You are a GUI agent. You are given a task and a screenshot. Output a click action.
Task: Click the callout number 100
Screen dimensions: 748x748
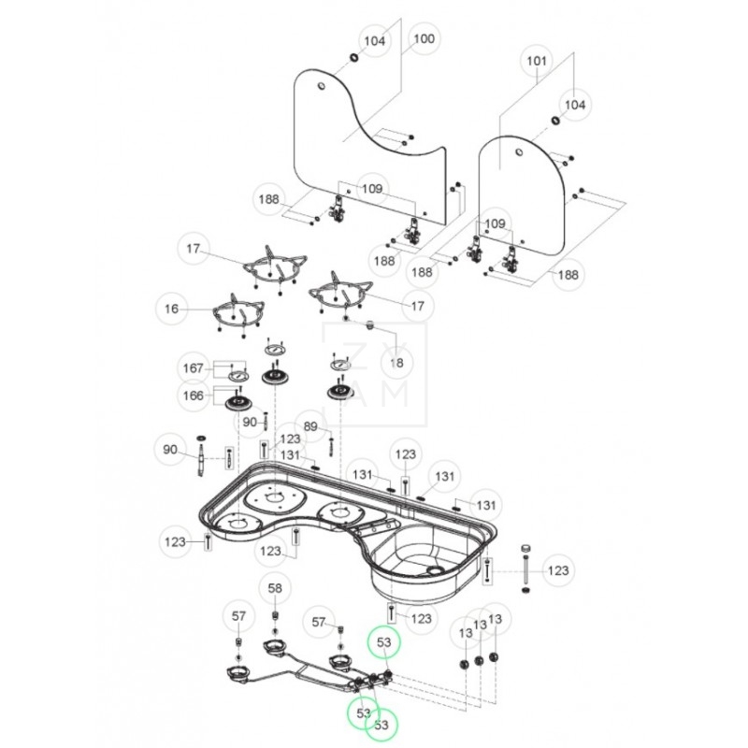click(424, 39)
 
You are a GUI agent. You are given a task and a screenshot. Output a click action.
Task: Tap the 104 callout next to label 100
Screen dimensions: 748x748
click(374, 41)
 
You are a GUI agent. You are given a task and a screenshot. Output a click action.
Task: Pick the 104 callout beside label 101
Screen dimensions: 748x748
click(574, 105)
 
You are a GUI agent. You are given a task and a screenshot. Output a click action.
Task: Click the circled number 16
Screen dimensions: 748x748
click(170, 307)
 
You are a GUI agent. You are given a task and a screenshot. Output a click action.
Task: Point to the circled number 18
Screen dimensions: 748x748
click(396, 362)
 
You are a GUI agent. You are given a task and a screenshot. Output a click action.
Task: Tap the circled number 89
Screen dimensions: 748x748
click(312, 427)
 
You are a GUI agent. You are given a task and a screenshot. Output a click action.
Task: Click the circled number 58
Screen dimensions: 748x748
click(275, 588)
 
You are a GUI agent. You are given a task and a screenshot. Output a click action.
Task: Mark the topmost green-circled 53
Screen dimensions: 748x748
click(383, 642)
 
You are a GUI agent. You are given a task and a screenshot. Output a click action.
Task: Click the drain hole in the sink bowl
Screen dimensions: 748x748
click(433, 569)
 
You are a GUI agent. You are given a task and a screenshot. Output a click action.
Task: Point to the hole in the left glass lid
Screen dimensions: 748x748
click(320, 88)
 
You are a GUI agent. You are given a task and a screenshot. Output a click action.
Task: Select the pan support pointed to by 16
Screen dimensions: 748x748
click(233, 311)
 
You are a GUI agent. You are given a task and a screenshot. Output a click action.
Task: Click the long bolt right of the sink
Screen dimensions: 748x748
click(526, 567)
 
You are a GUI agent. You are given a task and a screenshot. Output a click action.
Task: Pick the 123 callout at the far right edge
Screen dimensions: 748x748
click(557, 569)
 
